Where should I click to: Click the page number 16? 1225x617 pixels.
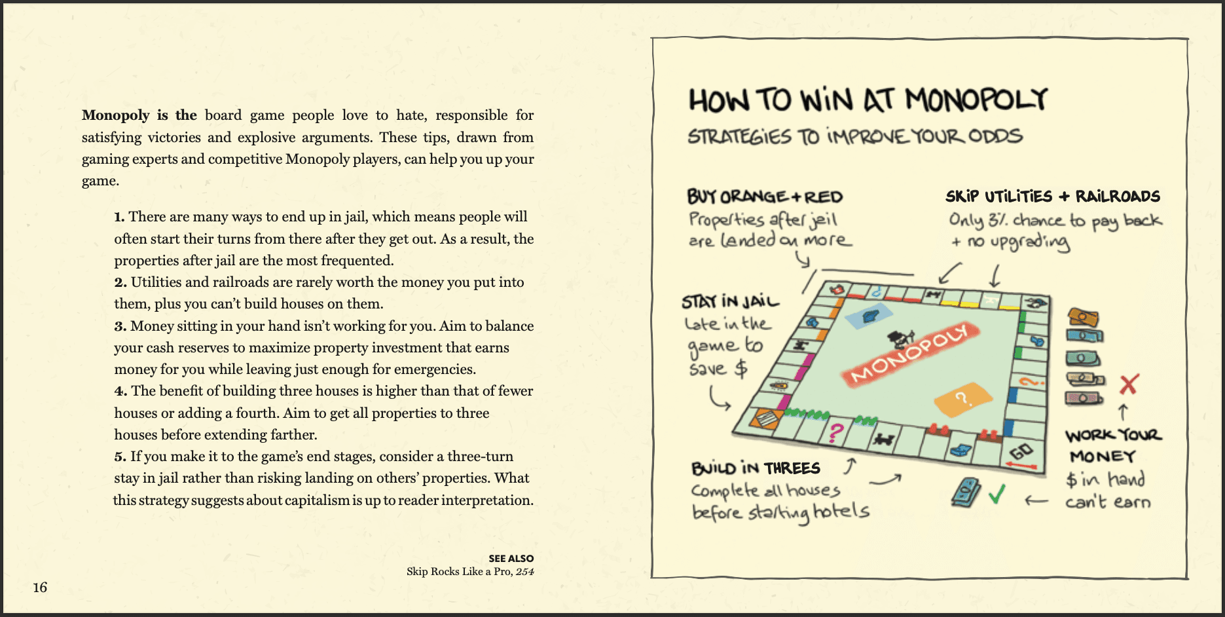click(40, 587)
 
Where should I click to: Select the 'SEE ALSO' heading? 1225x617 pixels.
click(511, 559)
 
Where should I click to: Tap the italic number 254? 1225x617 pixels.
click(524, 571)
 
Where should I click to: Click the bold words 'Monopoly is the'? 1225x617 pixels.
click(139, 115)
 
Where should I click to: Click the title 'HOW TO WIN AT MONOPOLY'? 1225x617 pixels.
click(868, 100)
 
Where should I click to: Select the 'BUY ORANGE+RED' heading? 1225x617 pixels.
click(765, 196)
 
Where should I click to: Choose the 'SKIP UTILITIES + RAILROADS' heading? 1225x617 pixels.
click(1052, 196)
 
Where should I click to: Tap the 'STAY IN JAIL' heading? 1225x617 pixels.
click(731, 301)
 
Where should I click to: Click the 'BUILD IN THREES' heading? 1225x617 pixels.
click(756, 468)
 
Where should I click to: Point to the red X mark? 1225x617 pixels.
click(1129, 384)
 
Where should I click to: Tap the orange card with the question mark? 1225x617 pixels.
click(962, 399)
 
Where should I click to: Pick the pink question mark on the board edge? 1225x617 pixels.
click(836, 432)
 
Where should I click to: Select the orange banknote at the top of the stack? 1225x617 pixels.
click(1082, 318)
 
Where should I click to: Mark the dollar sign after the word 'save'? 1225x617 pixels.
click(740, 369)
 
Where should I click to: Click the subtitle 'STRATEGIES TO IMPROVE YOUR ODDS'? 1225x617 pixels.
click(854, 136)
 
